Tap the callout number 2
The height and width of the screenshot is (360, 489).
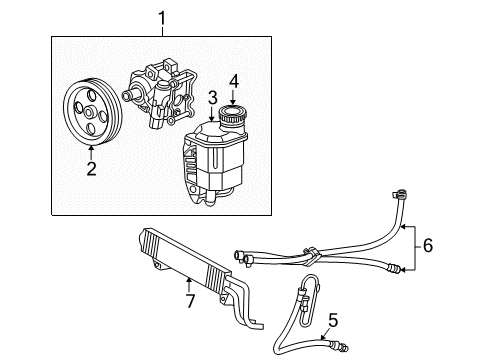(x=91, y=169)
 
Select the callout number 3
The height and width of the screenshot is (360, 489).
(x=212, y=97)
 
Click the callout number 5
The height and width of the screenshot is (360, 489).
(x=333, y=320)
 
